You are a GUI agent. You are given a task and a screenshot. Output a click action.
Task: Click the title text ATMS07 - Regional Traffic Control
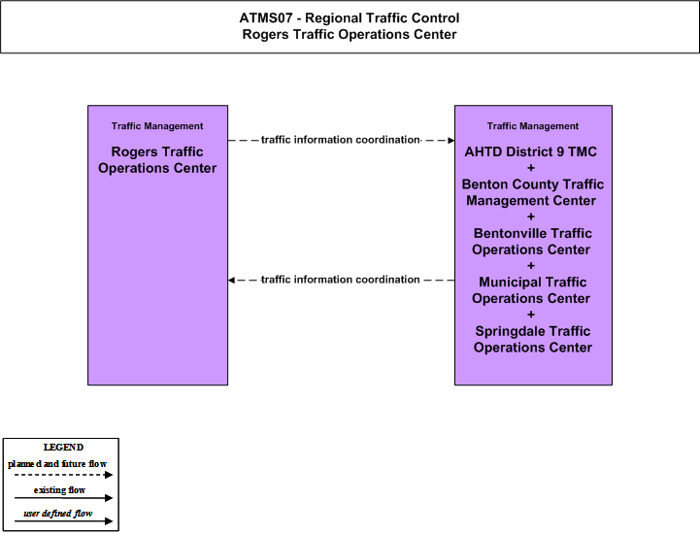[x=350, y=18]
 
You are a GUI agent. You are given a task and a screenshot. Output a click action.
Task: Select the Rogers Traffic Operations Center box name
[x=157, y=160]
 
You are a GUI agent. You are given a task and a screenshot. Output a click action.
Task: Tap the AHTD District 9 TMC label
[x=531, y=151]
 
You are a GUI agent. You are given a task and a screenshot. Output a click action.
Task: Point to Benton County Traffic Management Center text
[x=533, y=192]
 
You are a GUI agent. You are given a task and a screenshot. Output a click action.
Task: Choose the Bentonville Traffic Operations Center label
[x=532, y=241]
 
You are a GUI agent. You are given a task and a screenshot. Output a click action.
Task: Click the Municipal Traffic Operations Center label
[x=532, y=290]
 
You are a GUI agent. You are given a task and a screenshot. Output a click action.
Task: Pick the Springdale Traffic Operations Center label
[x=533, y=339]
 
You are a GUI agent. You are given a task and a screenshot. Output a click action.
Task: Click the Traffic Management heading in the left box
[x=157, y=126]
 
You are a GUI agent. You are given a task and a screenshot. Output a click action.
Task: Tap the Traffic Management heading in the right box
[x=533, y=126]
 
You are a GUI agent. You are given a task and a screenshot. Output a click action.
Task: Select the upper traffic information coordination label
[x=341, y=140]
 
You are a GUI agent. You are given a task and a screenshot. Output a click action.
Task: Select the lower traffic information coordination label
[x=341, y=280]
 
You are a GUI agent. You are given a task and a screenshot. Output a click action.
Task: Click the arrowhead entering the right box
[x=451, y=140]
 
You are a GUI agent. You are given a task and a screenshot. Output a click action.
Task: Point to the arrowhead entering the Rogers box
[x=231, y=280]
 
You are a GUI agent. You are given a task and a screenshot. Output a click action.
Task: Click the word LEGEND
[x=63, y=448]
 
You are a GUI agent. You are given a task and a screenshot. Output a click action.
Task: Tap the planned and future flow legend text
[x=57, y=464]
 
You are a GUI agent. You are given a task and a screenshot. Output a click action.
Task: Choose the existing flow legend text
[x=59, y=490]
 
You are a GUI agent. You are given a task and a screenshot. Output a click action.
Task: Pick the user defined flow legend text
[x=57, y=514]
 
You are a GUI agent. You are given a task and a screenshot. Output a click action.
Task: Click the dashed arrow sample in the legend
[x=63, y=475]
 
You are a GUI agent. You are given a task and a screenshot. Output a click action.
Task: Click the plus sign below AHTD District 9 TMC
[x=531, y=168]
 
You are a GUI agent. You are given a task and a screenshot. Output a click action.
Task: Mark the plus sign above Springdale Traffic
[x=531, y=315]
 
